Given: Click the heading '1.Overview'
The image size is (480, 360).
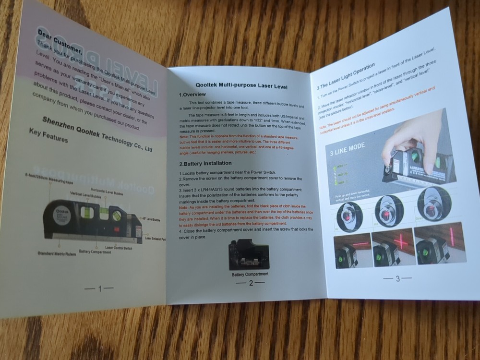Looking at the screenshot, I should point(192,95).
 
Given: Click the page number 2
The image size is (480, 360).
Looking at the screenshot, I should point(251,283).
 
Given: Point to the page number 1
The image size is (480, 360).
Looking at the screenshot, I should point(99,288).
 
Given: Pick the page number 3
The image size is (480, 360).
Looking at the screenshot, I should point(397,278).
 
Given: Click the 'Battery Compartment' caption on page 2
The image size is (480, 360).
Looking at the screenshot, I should point(250,274).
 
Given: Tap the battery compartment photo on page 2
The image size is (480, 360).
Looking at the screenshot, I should point(250,254).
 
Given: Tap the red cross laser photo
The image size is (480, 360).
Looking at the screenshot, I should point(392,247).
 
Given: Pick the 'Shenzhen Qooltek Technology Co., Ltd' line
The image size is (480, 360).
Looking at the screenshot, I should point(97,134).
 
